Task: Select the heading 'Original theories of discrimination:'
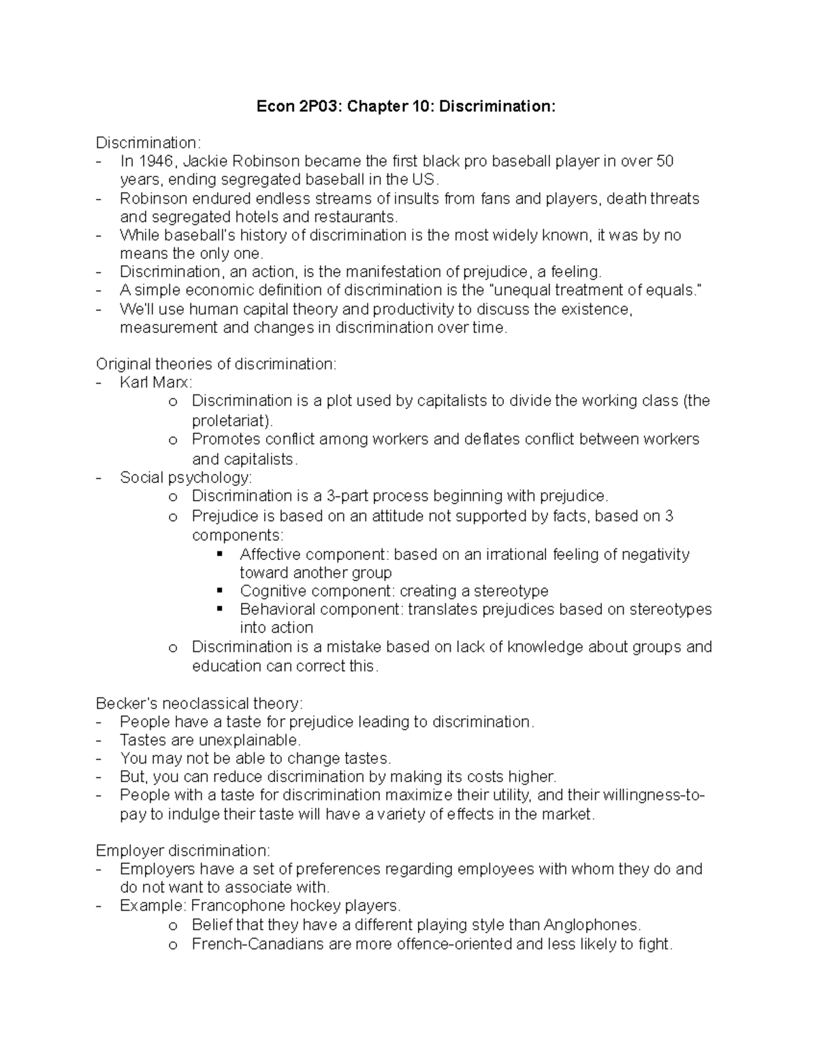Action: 216,364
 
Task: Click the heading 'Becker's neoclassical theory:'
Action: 199,703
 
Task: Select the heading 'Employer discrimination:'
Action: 183,850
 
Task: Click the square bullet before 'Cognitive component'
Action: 219,591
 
